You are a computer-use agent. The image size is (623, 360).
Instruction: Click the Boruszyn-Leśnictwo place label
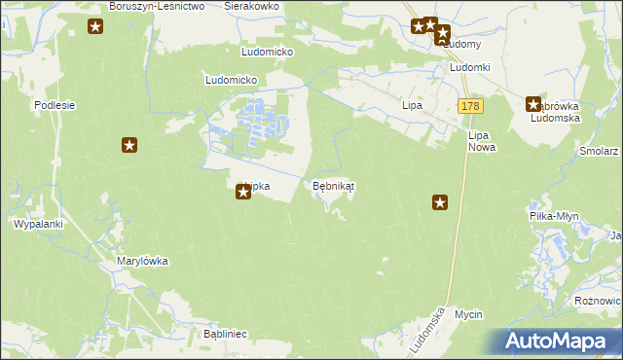[156, 6]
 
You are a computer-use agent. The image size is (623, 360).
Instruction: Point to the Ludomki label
[469, 68]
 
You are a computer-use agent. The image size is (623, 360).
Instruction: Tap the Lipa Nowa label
[481, 142]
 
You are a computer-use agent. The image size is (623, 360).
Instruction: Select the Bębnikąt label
[333, 185]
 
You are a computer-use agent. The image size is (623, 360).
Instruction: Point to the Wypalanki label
[38, 224]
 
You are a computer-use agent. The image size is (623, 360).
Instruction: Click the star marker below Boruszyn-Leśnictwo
[95, 26]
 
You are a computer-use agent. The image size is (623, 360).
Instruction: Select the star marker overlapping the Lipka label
[243, 193]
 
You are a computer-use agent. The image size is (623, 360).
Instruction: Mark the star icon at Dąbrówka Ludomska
[533, 104]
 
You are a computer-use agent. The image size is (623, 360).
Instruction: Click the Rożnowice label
[597, 302]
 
